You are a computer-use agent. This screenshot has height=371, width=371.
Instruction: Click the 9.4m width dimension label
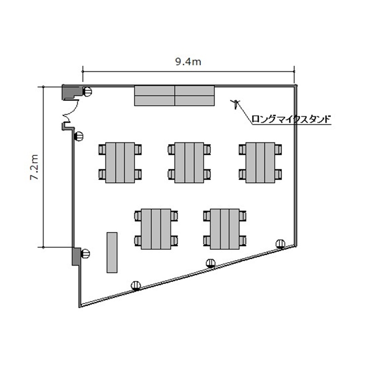[188, 62]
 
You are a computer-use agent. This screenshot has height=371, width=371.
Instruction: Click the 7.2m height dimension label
[34, 167]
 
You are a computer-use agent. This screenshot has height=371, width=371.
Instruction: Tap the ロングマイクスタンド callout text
[291, 119]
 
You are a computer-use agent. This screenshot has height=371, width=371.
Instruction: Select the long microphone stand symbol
[235, 104]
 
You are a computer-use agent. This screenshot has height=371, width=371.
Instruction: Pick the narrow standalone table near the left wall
[112, 252]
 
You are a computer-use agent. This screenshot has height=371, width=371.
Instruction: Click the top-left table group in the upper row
[120, 163]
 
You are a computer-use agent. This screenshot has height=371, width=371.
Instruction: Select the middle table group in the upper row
[189, 163]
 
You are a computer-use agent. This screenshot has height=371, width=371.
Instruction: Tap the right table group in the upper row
[260, 163]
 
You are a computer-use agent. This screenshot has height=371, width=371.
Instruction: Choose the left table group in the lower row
[156, 229]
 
